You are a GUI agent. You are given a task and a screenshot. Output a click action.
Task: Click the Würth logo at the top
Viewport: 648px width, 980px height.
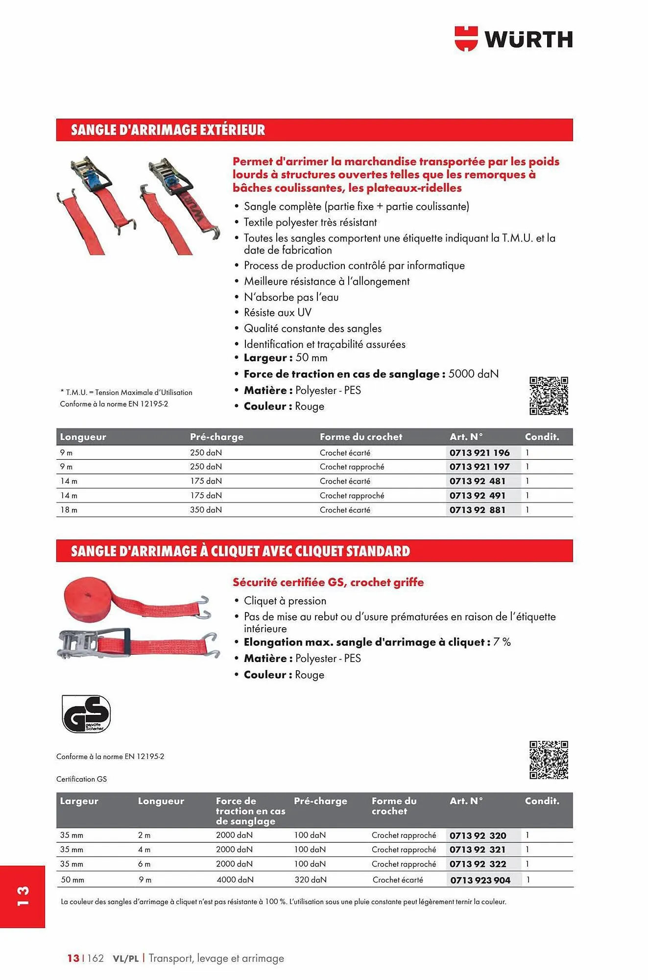point(513,39)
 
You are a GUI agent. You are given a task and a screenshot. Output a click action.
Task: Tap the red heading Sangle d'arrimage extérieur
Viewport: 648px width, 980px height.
point(168,130)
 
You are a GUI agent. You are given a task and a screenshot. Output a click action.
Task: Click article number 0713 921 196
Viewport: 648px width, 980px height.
point(479,453)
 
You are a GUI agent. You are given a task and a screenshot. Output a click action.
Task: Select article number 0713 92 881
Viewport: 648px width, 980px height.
point(477,510)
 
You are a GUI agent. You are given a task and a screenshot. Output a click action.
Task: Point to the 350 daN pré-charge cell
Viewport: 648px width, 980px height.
point(206,510)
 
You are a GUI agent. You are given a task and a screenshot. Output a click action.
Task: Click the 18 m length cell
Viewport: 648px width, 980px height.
point(69,510)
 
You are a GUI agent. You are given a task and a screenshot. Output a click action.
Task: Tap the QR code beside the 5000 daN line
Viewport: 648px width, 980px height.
point(548,396)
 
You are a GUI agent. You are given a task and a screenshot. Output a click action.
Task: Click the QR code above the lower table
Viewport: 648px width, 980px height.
point(548,760)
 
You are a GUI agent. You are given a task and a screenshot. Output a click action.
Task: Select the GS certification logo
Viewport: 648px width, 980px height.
point(86,714)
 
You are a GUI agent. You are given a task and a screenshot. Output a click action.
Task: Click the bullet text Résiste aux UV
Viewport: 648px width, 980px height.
point(277,313)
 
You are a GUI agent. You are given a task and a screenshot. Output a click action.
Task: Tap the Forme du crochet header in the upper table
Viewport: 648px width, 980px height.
point(360,437)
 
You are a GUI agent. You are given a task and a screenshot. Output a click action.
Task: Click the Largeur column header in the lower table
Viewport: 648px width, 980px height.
point(79,801)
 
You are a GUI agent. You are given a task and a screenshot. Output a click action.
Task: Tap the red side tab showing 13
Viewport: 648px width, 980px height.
point(23,896)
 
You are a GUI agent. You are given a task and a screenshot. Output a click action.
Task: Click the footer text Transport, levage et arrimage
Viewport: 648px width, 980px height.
point(216,958)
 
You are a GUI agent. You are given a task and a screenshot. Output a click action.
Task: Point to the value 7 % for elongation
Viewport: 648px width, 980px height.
point(502,642)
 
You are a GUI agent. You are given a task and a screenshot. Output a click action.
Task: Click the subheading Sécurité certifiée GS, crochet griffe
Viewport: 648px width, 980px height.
point(328,583)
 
